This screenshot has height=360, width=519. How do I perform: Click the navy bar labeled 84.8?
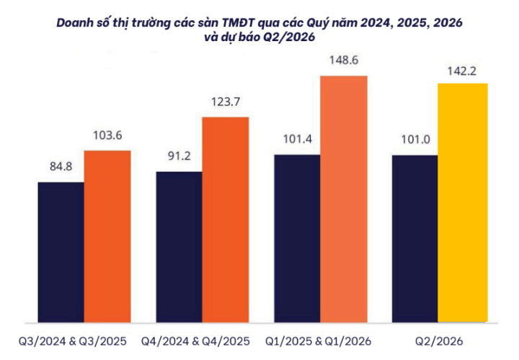tap(61, 251)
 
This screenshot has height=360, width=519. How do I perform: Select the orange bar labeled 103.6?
tap(107, 235)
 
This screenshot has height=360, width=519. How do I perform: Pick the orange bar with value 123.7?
tap(226, 219)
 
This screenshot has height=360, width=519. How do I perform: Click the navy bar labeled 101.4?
tap(297, 237)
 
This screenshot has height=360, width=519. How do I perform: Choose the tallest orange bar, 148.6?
tap(344, 198)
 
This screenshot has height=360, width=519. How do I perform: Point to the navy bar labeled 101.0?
tap(414, 237)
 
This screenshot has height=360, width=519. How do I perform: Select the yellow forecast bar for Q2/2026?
tap(462, 202)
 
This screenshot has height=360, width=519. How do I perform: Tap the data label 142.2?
tap(463, 70)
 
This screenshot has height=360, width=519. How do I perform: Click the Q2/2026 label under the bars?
tap(438, 340)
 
